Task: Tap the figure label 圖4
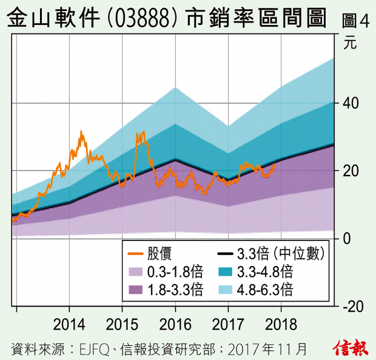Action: click(355, 21)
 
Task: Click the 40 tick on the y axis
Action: click(351, 103)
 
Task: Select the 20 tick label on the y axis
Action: click(351, 171)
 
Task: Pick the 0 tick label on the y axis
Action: click(347, 238)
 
